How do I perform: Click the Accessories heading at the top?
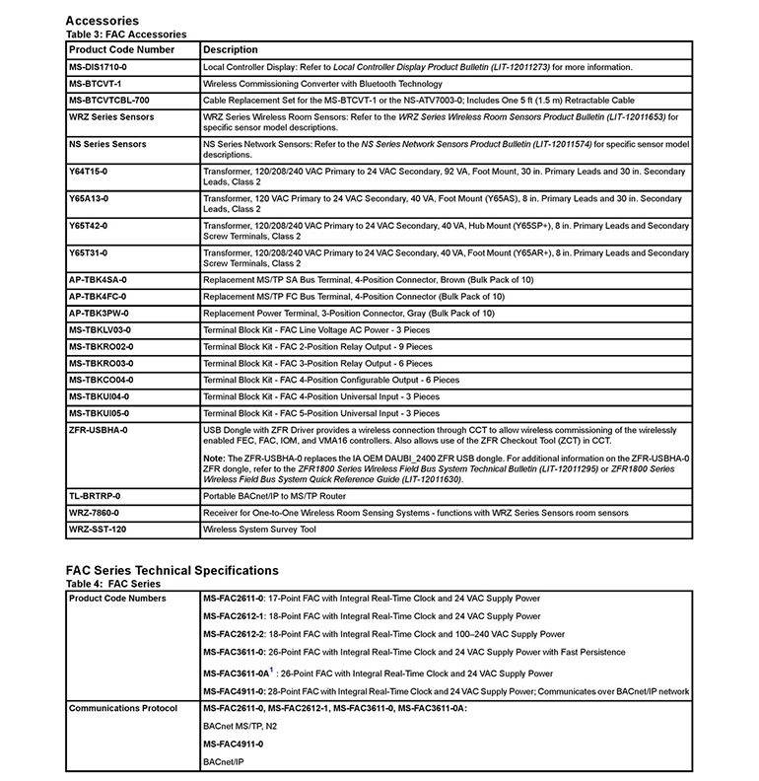coord(102,20)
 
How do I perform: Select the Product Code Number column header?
coord(121,48)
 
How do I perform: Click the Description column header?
coord(231,48)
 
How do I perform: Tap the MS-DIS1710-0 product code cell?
coord(98,66)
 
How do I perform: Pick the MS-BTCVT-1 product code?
coord(95,84)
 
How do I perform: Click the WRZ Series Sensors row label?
coord(111,117)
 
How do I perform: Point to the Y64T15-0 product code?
coord(89,172)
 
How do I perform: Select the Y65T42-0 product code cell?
coord(89,226)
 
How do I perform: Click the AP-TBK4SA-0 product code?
coord(98,280)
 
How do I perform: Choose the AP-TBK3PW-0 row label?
coord(99,313)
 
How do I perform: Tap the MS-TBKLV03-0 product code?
coord(101,329)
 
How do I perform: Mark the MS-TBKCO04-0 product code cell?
coord(102,380)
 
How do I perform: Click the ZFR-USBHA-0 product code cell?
coord(98,430)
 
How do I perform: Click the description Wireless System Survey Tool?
coord(260,530)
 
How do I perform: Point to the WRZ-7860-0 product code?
coord(94,513)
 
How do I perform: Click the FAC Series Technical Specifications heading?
coord(172,570)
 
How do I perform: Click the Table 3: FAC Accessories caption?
coord(125,33)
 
